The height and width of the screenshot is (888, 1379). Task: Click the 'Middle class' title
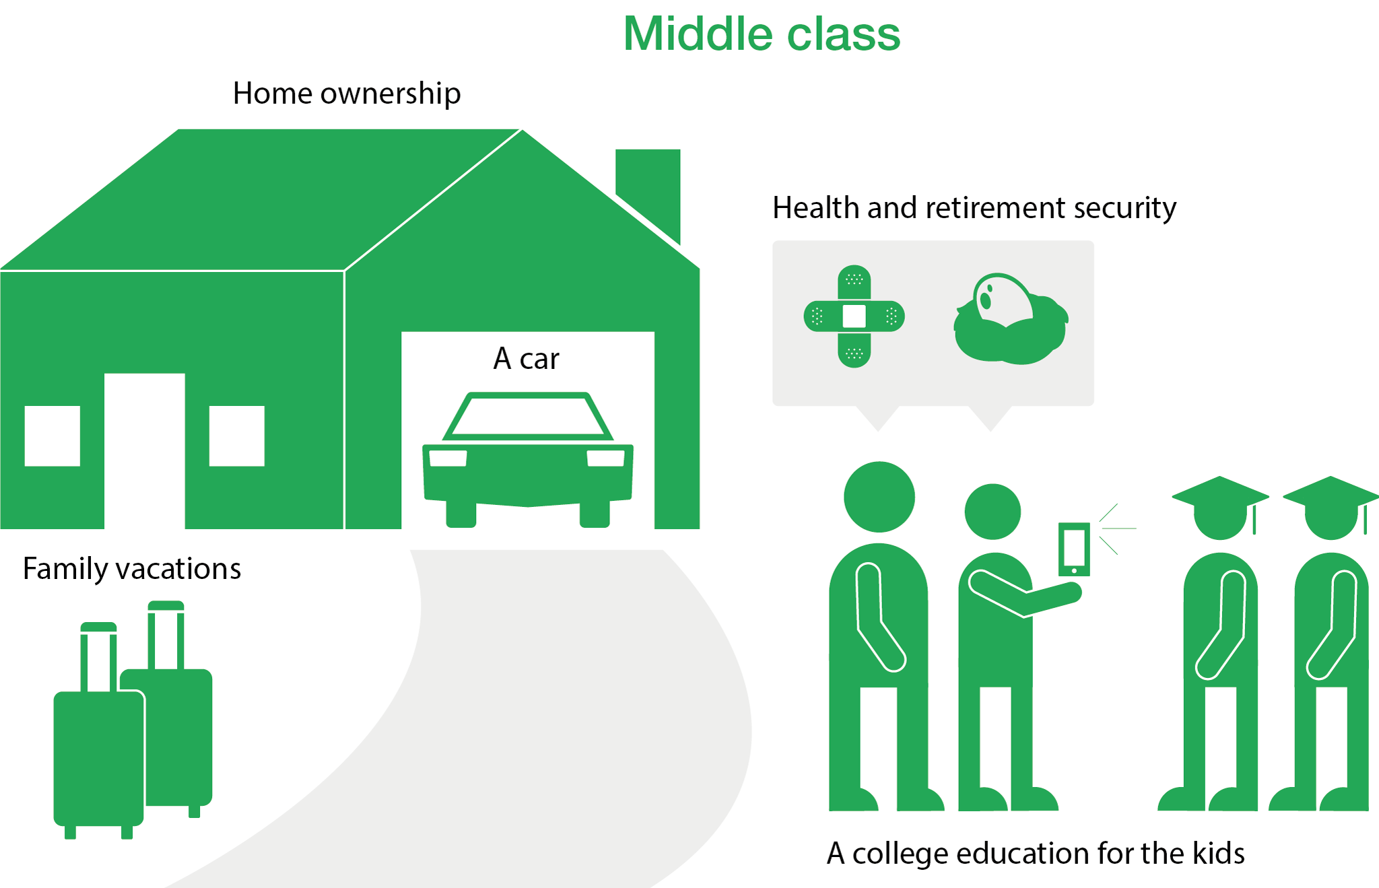[x=762, y=34]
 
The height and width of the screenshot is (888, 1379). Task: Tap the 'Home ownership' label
[x=347, y=94]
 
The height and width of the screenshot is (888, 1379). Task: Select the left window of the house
[x=53, y=436]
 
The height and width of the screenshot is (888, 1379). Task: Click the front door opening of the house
[x=145, y=451]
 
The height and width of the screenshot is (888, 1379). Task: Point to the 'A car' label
[x=526, y=359]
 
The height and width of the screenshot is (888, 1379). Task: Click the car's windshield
[x=528, y=416]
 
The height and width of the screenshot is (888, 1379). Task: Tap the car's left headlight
[x=448, y=458]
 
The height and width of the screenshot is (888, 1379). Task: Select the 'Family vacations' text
[x=132, y=569]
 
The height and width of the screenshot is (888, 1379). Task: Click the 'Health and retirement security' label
[x=974, y=208]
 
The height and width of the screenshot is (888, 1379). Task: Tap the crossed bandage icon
[x=854, y=316]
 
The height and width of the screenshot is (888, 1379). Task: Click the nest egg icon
[x=1011, y=319]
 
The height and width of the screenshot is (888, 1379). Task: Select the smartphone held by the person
[x=1074, y=549]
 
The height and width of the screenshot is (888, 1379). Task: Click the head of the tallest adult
[x=879, y=497]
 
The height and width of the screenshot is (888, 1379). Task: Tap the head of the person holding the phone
[x=993, y=512]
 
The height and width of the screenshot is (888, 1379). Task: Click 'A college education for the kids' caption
[x=1036, y=854]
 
